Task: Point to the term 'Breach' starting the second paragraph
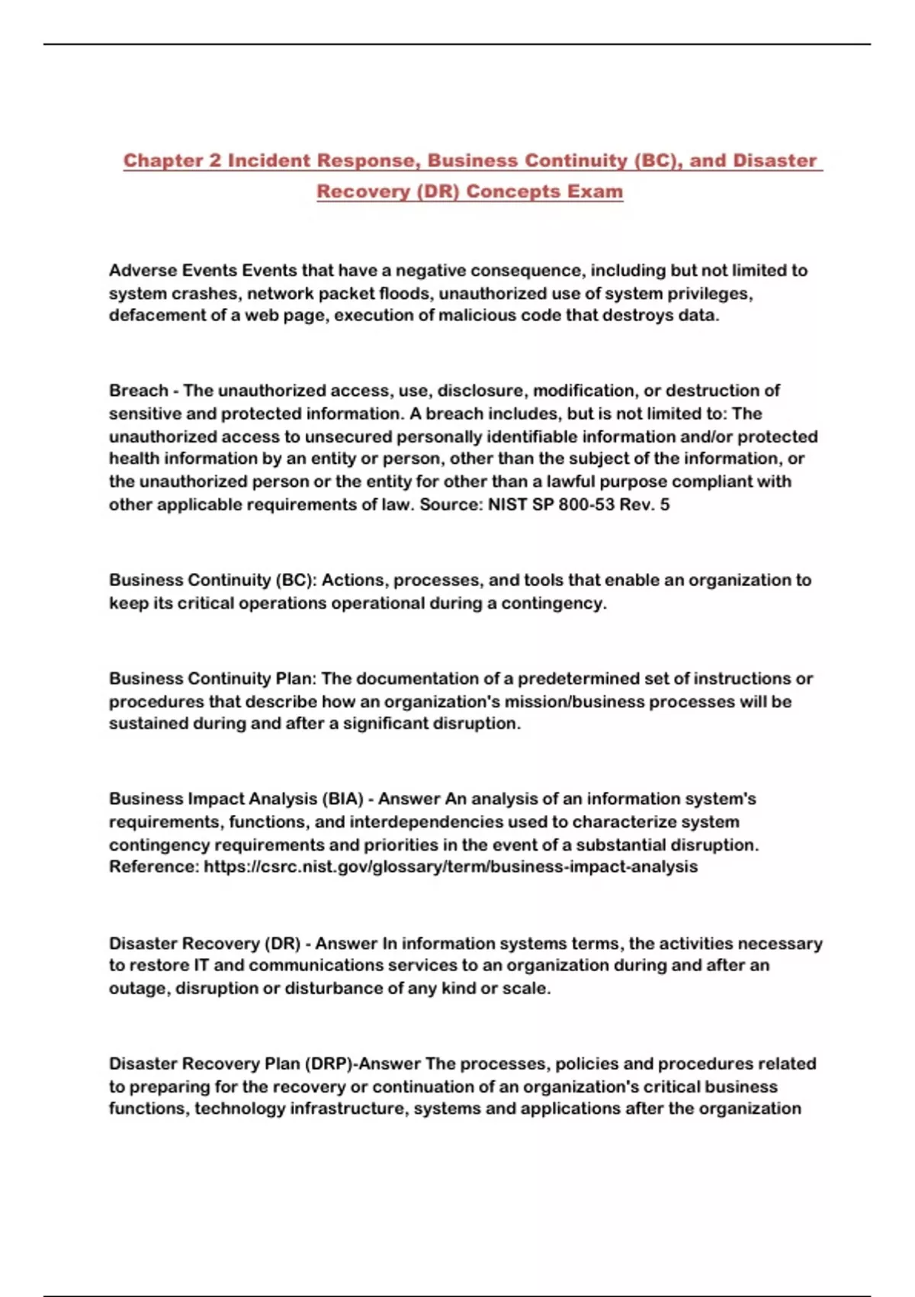coord(138,391)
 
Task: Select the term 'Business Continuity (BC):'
coord(213,580)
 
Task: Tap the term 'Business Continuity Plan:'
coord(213,678)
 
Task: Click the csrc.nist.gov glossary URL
coord(450,867)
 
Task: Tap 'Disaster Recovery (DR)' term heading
coord(204,943)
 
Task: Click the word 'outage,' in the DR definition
coord(140,988)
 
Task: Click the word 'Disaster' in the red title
coord(774,161)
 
